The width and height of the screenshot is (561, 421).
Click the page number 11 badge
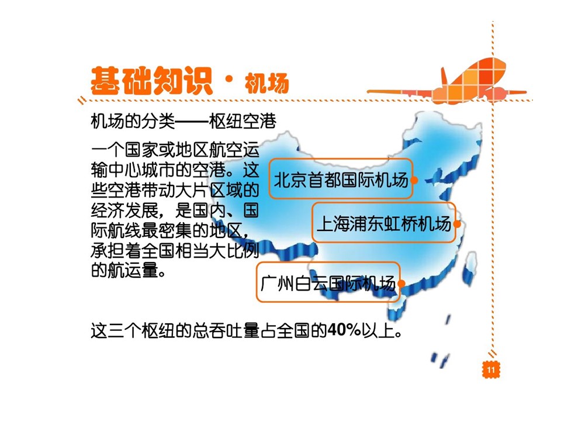490,370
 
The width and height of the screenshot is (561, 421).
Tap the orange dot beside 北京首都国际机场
414,180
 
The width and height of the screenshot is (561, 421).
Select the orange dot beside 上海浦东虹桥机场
457,224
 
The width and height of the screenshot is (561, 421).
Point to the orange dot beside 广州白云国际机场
401,284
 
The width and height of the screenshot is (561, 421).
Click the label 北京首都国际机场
341,180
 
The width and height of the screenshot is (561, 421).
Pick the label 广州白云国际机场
328,284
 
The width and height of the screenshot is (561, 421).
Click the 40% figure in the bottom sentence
344,330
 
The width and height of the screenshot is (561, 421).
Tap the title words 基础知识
152,81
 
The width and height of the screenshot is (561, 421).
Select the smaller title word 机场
267,84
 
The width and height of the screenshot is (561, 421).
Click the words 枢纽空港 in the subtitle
243,122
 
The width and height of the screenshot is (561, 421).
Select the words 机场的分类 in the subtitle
133,122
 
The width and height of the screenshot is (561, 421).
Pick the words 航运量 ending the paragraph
133,270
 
